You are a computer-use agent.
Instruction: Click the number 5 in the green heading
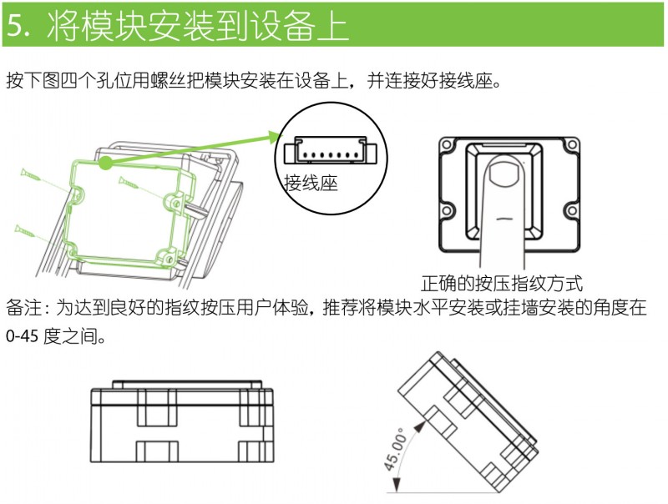(17, 25)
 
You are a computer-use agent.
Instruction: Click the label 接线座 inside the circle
(311, 183)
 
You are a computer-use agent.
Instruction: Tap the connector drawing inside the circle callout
(330, 152)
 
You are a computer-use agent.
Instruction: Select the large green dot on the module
(105, 164)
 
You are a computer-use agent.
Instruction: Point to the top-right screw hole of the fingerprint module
(570, 148)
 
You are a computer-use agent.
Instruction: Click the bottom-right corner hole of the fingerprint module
(571, 210)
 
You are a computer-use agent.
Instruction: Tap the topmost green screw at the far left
(30, 174)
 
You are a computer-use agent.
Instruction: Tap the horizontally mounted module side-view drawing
(180, 426)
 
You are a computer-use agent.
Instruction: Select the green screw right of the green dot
(134, 182)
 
